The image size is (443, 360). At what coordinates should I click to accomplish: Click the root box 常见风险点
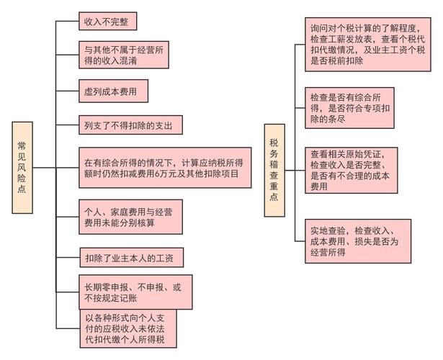pyautogui.click(x=22, y=168)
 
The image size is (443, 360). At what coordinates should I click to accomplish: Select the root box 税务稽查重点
pyautogui.click(x=274, y=170)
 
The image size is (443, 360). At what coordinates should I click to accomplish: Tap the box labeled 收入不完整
pyautogui.click(x=107, y=21)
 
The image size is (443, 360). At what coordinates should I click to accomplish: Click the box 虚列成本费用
pyautogui.click(x=113, y=91)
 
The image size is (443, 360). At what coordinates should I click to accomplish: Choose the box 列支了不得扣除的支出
pyautogui.click(x=130, y=125)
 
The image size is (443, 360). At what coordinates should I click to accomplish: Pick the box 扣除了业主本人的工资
pyautogui.click(x=132, y=258)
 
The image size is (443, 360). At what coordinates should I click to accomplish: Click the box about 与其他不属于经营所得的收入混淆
pyautogui.click(x=124, y=55)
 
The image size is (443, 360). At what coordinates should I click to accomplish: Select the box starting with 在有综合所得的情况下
pyautogui.click(x=165, y=168)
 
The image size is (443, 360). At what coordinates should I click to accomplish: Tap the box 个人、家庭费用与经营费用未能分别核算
pyautogui.click(x=130, y=217)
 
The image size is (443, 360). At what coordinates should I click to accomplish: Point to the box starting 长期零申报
pyautogui.click(x=135, y=292)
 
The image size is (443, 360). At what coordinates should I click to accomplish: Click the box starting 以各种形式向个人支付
pyautogui.click(x=128, y=328)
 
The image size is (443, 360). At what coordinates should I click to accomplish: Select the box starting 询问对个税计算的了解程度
pyautogui.click(x=368, y=45)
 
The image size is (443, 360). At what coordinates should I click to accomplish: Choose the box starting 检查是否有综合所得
pyautogui.click(x=349, y=108)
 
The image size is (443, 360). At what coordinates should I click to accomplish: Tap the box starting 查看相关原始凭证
pyautogui.click(x=352, y=170)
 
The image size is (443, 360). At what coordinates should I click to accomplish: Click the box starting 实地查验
pyautogui.click(x=358, y=241)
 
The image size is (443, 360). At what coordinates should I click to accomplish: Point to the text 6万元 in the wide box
pyautogui.click(x=164, y=174)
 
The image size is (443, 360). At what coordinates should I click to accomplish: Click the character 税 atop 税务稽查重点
pyautogui.click(x=274, y=143)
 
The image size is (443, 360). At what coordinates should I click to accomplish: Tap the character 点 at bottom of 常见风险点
pyautogui.click(x=22, y=189)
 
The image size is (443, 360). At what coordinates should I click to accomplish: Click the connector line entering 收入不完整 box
pyautogui.click(x=67, y=21)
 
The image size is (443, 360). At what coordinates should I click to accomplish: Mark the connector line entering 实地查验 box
pyautogui.click(x=300, y=241)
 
